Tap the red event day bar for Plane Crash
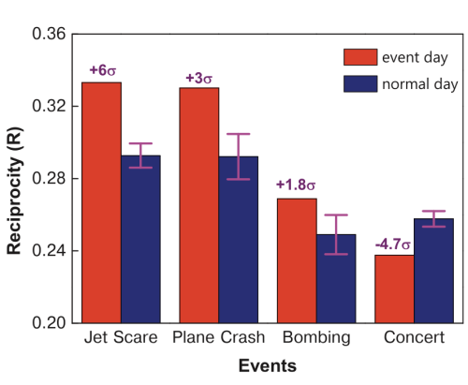[198, 205]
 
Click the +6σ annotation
[102, 70]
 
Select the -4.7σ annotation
[393, 244]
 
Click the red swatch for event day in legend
[359, 55]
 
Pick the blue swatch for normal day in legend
[359, 83]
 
